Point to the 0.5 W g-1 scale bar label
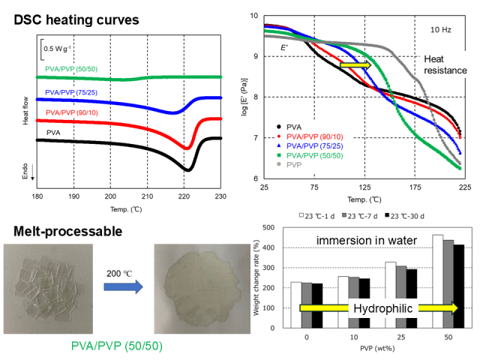(x=57, y=49)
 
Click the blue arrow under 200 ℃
(x=124, y=285)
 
